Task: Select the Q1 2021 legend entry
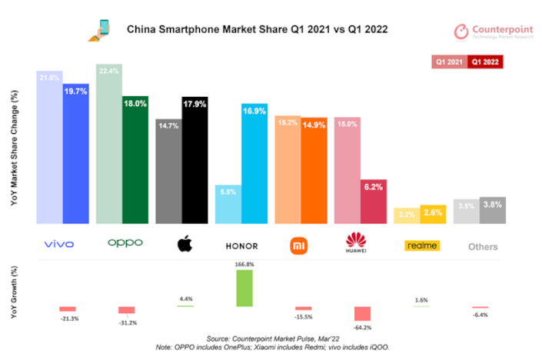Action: [450, 61]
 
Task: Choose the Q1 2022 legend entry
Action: [485, 61]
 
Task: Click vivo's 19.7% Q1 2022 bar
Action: [75, 154]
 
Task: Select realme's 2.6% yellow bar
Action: [433, 215]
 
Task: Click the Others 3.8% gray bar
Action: [492, 211]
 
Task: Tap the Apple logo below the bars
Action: [183, 245]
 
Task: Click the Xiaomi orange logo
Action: [298, 245]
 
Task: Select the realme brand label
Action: [421, 245]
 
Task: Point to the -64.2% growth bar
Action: [361, 314]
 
